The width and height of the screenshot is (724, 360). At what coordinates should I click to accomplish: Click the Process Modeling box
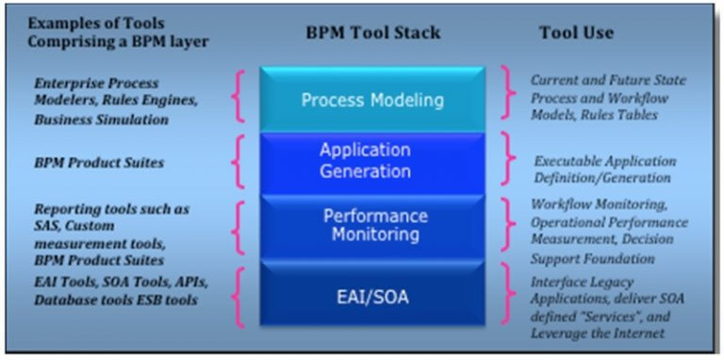tap(371, 99)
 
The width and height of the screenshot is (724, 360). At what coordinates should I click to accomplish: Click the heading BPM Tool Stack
tap(372, 32)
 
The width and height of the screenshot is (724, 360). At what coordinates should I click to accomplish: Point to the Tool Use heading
tap(575, 32)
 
